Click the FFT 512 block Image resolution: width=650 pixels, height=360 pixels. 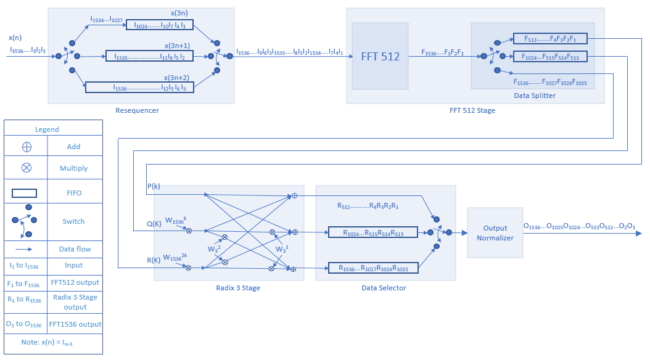coord(380,57)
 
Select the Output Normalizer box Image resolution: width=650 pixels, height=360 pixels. coord(495,232)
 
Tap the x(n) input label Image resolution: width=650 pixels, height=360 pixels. coord(15,38)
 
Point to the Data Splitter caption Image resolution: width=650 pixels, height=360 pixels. coord(535,96)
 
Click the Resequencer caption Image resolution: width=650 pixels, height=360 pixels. coord(137,110)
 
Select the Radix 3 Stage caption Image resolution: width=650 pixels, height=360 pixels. coord(229,288)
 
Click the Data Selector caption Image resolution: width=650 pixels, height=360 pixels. coord(384,288)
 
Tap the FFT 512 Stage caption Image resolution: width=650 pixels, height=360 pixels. coord(472,110)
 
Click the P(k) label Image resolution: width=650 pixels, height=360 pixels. coord(154,186)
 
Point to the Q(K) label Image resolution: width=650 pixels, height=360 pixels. coord(154,224)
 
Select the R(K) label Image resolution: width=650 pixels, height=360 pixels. coord(154,260)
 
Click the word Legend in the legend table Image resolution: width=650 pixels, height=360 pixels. coord(47,129)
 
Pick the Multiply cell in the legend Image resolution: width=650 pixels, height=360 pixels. coord(74,168)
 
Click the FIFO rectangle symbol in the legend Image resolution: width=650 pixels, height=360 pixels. coord(28,193)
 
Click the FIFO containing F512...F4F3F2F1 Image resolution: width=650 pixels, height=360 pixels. coord(549,38)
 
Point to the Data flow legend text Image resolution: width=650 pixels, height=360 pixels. coord(74,249)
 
